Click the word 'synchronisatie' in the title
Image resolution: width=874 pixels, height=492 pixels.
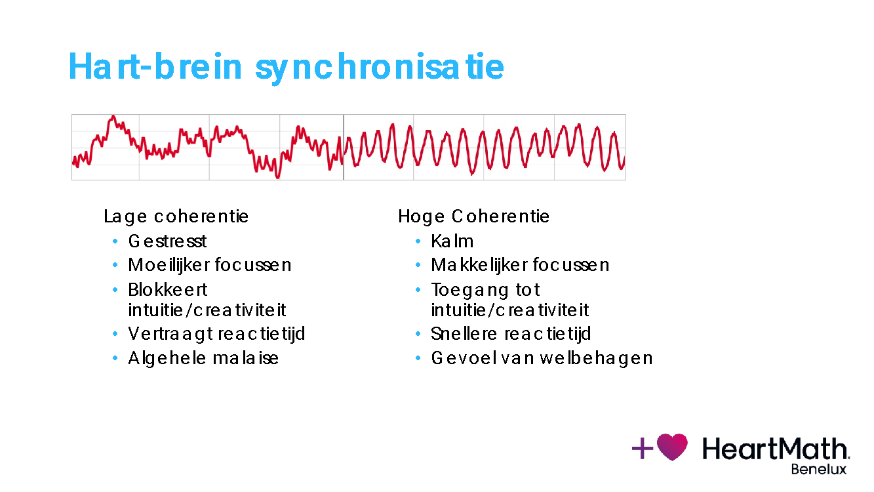tap(380, 68)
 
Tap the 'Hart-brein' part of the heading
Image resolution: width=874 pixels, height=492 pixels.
tap(155, 66)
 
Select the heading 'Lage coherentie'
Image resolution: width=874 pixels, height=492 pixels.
tap(176, 216)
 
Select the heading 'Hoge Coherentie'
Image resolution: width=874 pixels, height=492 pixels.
tap(473, 216)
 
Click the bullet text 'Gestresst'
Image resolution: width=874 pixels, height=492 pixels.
tap(167, 241)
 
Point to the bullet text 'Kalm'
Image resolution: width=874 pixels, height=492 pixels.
tap(452, 241)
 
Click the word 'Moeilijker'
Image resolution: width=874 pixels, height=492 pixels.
tap(169, 265)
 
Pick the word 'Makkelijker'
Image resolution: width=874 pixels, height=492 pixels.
tap(479, 265)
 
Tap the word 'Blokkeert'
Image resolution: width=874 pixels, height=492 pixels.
tap(168, 290)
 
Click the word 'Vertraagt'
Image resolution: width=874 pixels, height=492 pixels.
tap(170, 335)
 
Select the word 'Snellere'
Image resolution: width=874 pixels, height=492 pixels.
tap(464, 334)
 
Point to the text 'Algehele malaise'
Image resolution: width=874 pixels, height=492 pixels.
tap(204, 358)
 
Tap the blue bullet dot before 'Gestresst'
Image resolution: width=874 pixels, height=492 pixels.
tap(115, 241)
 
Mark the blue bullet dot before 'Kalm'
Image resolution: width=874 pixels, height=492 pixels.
tap(418, 241)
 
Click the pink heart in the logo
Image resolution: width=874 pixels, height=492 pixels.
tap(672, 446)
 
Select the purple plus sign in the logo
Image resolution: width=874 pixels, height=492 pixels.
tap(643, 448)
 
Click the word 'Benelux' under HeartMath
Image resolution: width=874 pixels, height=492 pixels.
tap(818, 469)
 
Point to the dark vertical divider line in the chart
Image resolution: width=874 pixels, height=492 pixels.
tap(344, 147)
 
